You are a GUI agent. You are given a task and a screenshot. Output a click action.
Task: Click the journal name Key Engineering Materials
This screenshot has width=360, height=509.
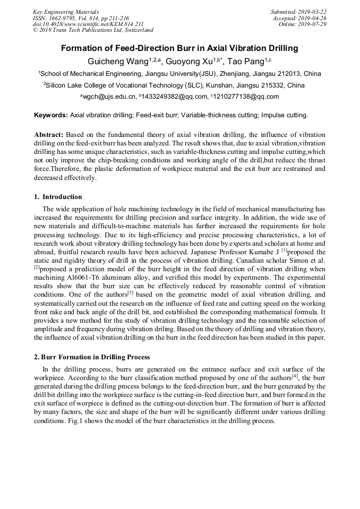click(66, 12)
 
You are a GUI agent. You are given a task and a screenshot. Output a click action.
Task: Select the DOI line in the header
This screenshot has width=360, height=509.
click(88, 24)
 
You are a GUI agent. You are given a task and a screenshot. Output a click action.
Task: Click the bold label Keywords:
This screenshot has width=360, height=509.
click(51, 115)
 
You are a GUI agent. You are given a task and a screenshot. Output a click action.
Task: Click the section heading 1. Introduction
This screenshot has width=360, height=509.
click(58, 197)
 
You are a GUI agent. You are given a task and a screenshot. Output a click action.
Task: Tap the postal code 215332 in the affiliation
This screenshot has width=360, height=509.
click(271, 85)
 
